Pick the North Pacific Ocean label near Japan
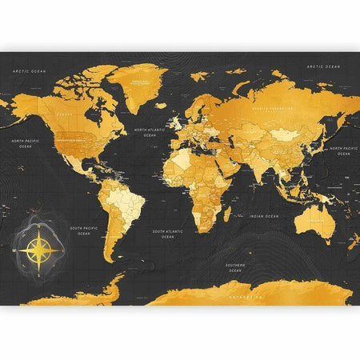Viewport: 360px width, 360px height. pos(346,150)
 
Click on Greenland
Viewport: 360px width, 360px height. pos(144,88)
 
